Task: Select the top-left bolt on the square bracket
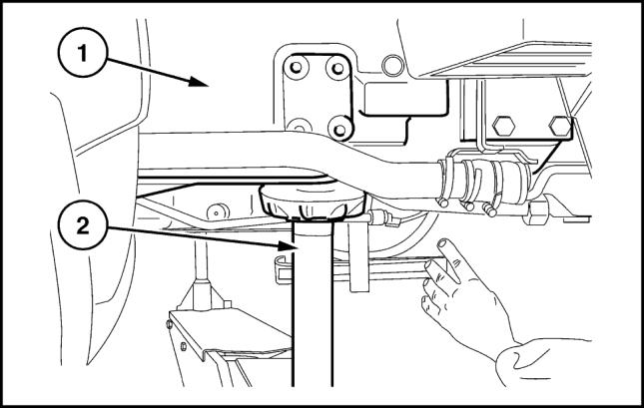pos(295,67)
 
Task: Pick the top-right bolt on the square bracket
pos(337,67)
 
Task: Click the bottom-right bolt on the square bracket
pos(339,128)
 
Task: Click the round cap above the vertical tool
pos(308,205)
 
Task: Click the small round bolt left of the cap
pos(213,209)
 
